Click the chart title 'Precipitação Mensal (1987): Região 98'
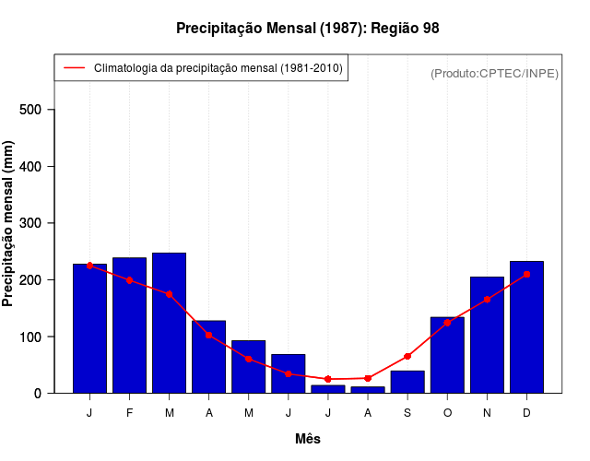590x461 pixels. click(308, 29)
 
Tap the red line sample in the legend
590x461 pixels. click(74, 68)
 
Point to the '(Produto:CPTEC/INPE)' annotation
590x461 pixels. click(495, 73)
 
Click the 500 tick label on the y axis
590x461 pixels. click(43, 110)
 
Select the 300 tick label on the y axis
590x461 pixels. click(43, 223)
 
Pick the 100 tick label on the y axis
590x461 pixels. click(43, 337)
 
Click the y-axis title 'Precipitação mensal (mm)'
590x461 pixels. click(9, 224)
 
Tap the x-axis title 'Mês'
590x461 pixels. click(308, 439)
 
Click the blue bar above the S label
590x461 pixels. click(407, 382)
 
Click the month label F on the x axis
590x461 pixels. click(129, 413)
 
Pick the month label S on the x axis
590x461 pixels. click(407, 413)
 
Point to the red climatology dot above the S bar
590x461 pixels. click(407, 356)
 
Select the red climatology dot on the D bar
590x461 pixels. click(526, 274)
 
